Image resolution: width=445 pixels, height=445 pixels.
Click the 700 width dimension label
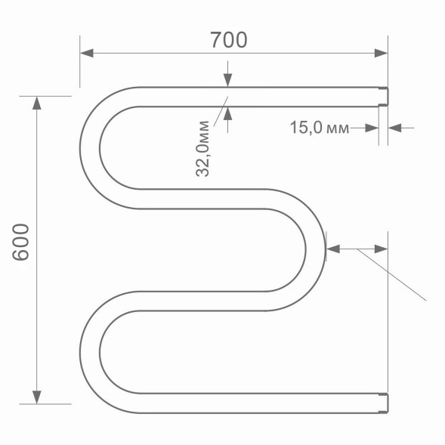coord(229,40)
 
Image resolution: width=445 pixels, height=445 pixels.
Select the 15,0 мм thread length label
coord(320,128)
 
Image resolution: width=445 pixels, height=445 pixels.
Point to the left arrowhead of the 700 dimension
coord(86,54)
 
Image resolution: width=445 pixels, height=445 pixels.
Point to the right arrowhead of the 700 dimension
coord(381,54)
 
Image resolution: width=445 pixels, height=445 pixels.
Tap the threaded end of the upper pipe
coord(382,97)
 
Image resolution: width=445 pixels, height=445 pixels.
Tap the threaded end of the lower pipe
coord(382,403)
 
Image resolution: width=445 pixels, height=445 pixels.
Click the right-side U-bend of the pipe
coord(315,249)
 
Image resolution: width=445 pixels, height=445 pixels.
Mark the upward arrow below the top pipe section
coord(227,113)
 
